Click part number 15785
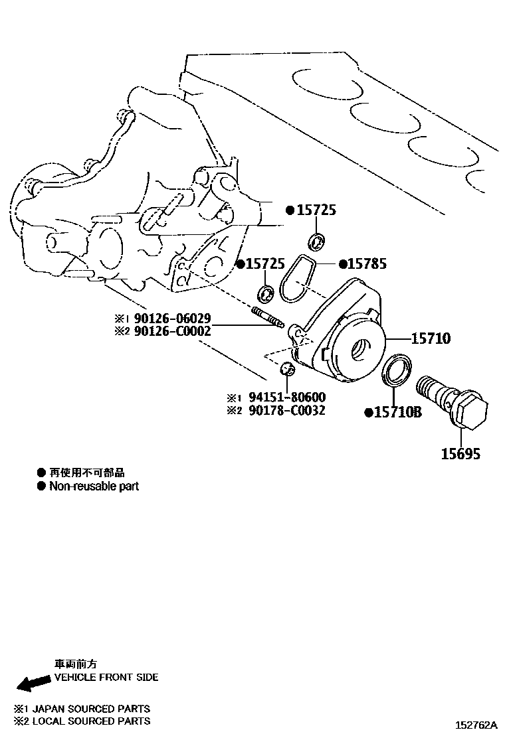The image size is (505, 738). pos(367,264)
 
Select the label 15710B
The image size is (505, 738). pos(397,413)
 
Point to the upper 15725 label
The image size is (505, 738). pos(316,210)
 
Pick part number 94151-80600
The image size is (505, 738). pos(287,398)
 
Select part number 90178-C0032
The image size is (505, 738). pos(287,410)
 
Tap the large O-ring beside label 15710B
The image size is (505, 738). pos(397,370)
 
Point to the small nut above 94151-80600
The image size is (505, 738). pos(287,368)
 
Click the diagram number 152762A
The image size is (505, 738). pos(476,725)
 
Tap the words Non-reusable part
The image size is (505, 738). pos(94,486)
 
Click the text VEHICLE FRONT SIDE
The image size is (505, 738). pos(106,677)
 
